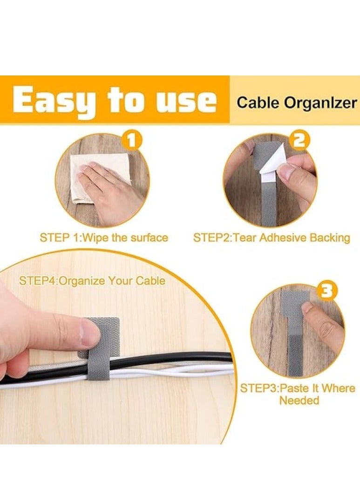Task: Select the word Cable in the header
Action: tap(255, 102)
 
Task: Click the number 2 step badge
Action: tap(300, 139)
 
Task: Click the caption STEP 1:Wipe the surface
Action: tap(103, 238)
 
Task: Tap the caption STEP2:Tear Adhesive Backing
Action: tap(272, 238)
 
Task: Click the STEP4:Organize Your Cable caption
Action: tap(92, 281)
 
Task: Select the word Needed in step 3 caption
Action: tap(298, 401)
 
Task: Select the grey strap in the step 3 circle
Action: tap(293, 349)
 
